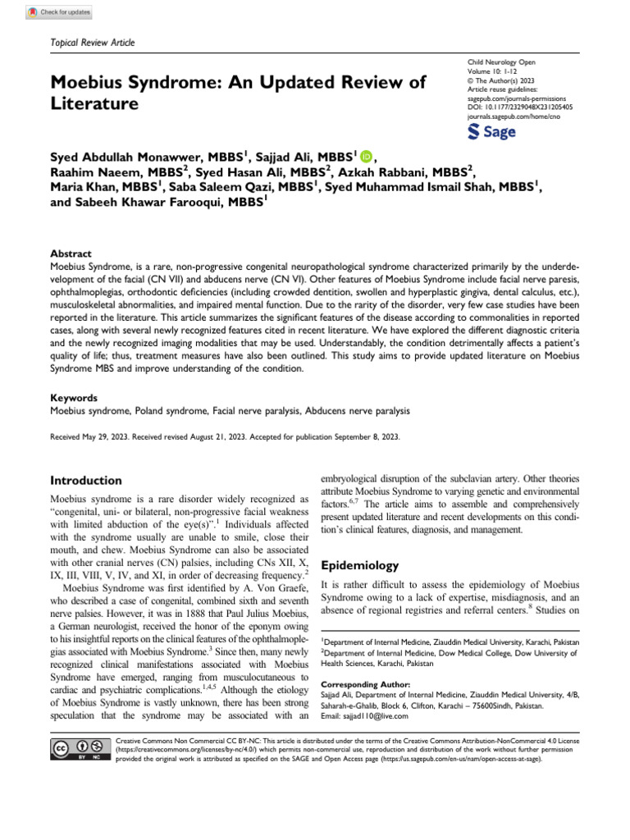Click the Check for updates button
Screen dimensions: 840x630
click(59, 13)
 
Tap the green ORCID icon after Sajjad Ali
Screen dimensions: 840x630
click(365, 157)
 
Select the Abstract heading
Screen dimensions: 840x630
click(71, 254)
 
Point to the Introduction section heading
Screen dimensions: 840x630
click(86, 481)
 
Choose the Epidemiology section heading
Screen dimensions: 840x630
click(359, 565)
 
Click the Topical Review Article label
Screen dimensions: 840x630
click(93, 42)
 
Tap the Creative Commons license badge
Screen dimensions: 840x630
click(80, 749)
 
